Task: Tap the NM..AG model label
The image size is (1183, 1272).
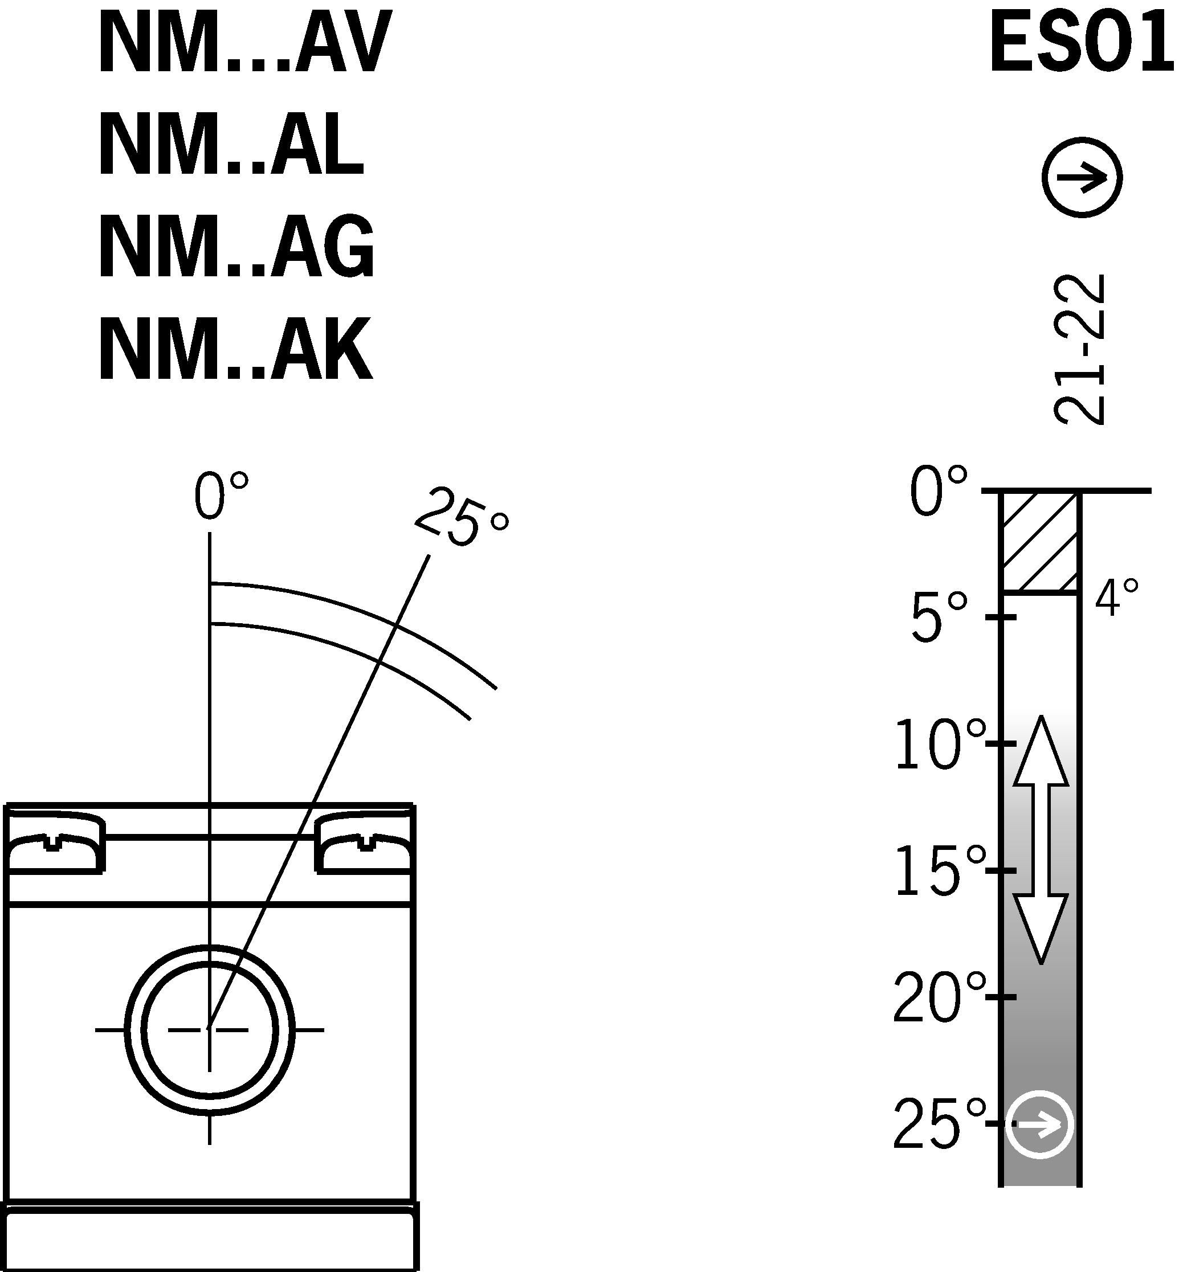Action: (x=237, y=247)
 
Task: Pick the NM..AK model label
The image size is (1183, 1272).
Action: (x=235, y=349)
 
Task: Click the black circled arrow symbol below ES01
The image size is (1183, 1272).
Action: (x=1082, y=177)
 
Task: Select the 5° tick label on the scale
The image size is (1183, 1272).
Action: (x=939, y=617)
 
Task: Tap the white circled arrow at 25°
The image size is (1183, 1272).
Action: (x=1040, y=1124)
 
